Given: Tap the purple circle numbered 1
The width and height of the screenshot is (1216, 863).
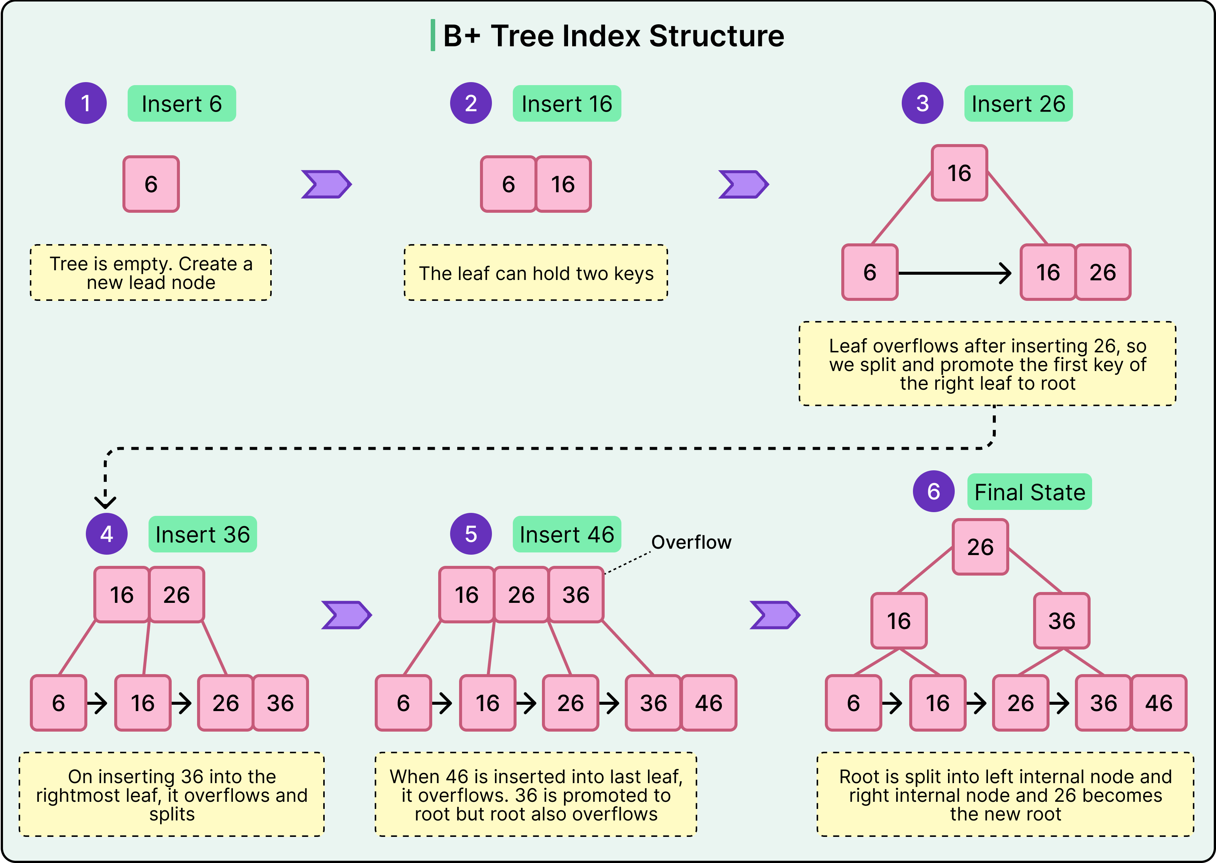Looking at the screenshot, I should (85, 103).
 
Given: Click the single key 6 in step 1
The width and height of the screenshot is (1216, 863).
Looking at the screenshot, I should (151, 184).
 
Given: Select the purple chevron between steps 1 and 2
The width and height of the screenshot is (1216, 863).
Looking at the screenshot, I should (326, 184).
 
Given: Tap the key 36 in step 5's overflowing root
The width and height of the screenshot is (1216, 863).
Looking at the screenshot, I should (576, 594).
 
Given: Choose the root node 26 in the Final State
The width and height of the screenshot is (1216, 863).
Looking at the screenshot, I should (980, 547).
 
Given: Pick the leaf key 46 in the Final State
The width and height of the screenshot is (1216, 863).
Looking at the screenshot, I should (1158, 702).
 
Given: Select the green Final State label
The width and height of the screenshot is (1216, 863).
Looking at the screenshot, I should (1029, 492).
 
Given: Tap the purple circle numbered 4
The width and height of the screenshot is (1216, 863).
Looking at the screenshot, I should (106, 533).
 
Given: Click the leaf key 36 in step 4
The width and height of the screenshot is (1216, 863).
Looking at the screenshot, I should (280, 702).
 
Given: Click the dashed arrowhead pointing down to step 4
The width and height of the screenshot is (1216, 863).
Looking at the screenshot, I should (105, 501).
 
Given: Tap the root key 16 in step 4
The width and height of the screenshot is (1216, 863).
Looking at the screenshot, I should (122, 594).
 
